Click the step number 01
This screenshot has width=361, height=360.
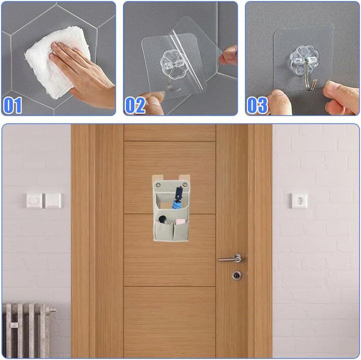pos(13,105)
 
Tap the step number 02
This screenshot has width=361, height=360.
pos(135,105)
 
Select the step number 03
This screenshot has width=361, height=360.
pos(257,105)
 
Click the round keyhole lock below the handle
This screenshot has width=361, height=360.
pos(237,275)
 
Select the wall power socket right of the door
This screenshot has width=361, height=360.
pos(298,200)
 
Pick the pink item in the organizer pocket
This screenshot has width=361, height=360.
pos(180,222)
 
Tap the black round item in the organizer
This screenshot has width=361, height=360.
pos(162,219)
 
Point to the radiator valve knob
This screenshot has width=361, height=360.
pos(53,310)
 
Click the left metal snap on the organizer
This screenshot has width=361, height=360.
pos(158,185)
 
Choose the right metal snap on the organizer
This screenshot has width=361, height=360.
pos(185,185)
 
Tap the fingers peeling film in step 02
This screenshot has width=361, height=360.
pos(229,56)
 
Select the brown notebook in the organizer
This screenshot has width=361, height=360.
pos(165,205)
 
